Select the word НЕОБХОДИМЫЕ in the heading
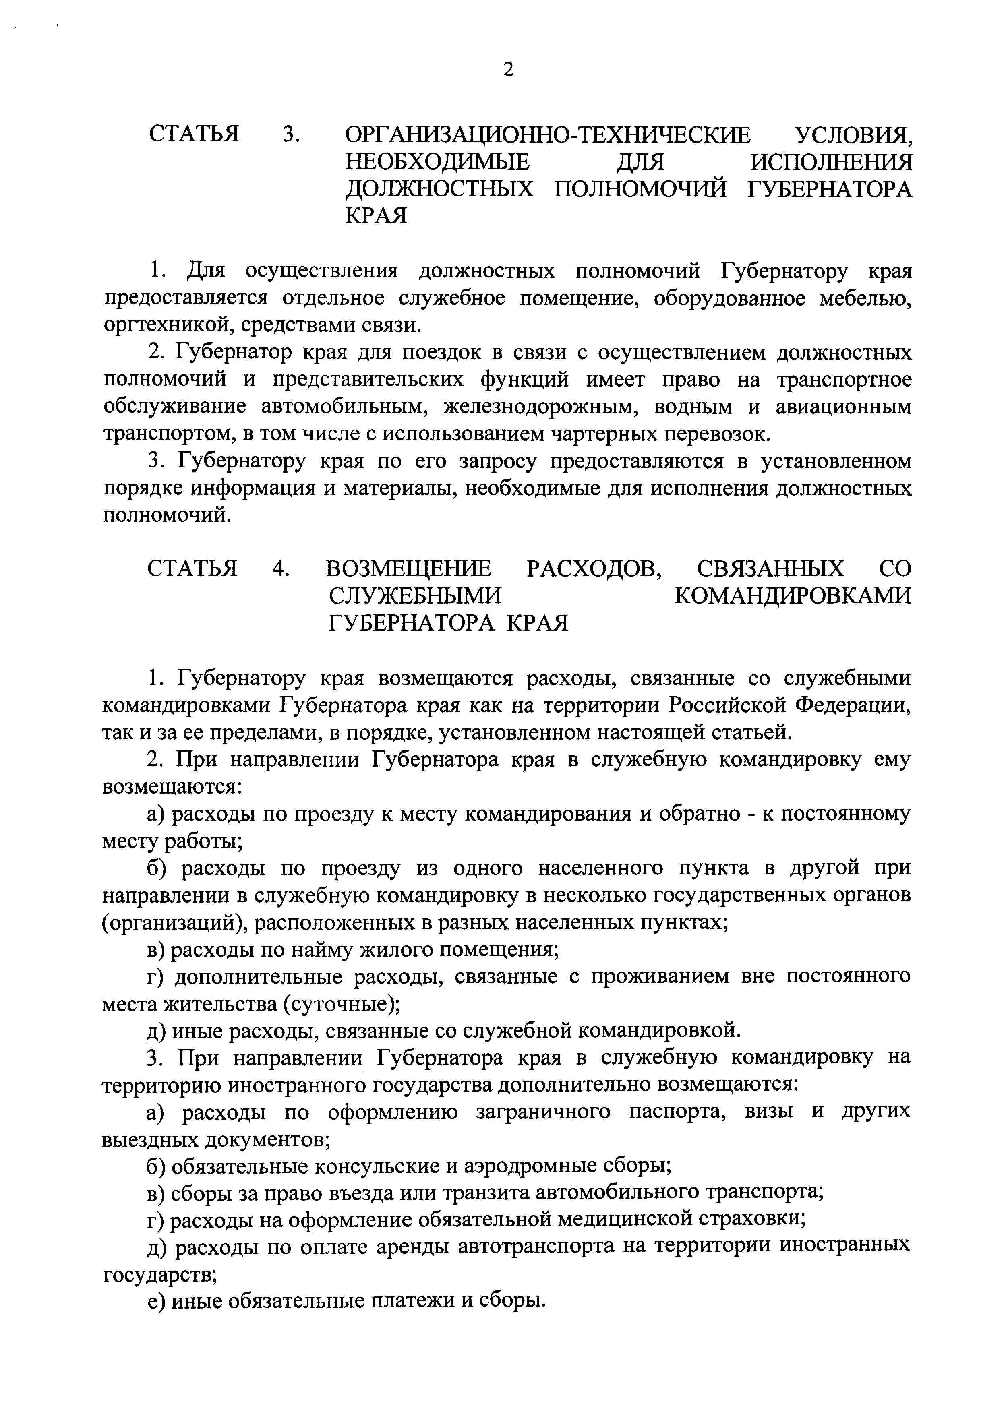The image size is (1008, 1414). point(438,163)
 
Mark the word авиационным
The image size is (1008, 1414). point(844,407)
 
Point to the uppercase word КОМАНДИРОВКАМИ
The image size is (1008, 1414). point(793,595)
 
